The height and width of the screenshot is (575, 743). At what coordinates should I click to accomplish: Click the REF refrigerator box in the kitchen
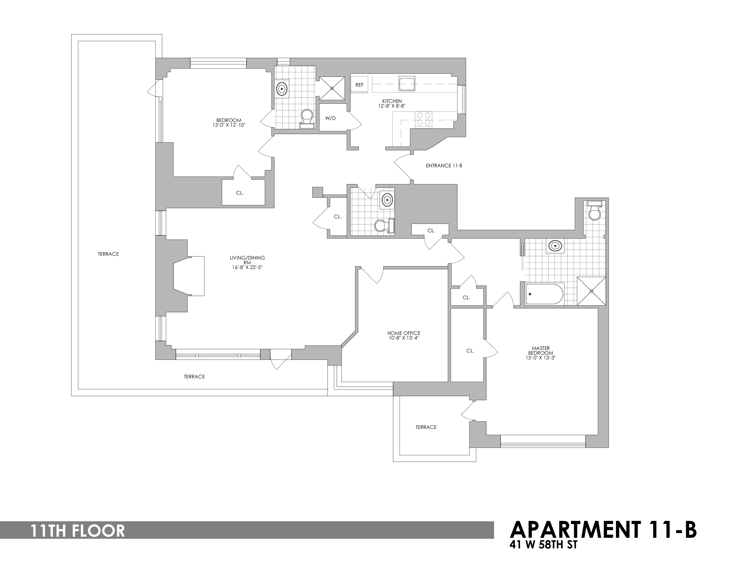359,85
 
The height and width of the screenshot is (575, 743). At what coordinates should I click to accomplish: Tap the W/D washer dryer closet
330,118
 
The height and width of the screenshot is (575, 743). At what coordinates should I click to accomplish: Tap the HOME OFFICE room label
404,333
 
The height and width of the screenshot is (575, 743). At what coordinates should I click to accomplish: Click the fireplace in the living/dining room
189,276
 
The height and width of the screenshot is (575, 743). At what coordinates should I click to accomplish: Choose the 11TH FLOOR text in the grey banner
78,531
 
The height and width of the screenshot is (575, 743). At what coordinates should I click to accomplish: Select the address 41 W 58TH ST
543,545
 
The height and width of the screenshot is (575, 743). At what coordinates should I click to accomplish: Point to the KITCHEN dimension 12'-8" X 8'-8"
392,106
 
